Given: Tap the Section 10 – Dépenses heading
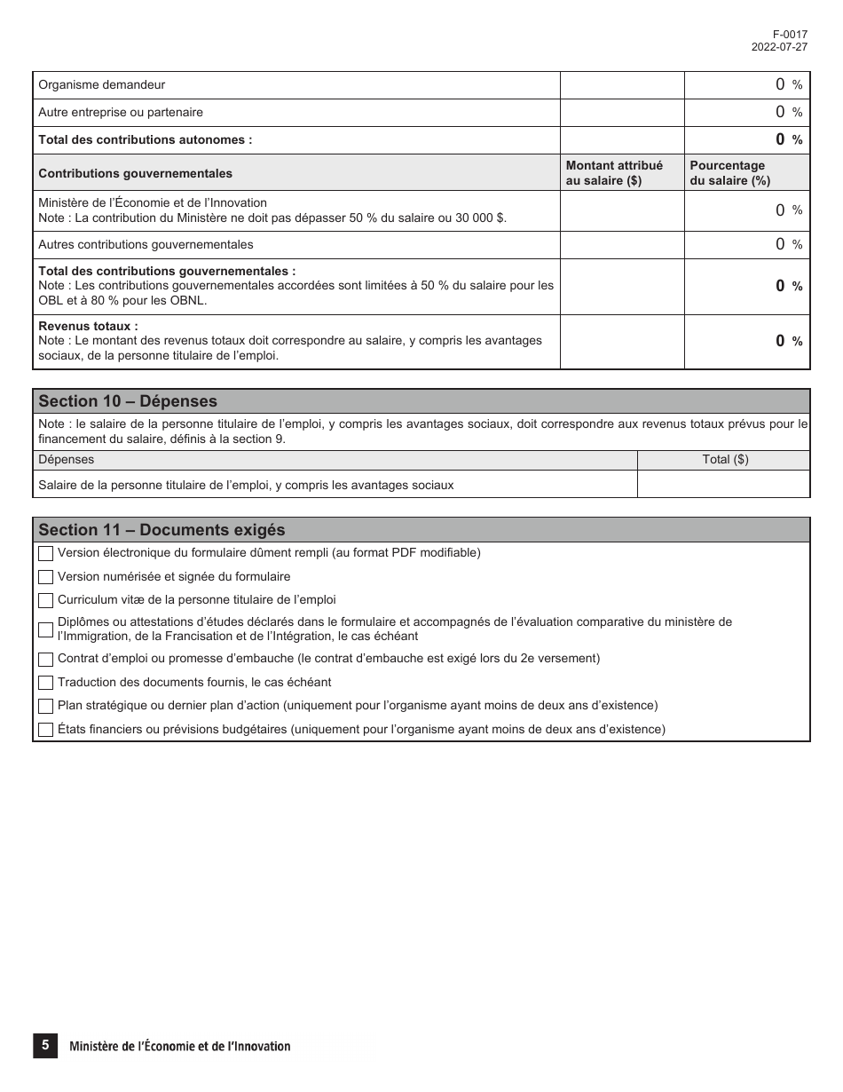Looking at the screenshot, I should (128, 401).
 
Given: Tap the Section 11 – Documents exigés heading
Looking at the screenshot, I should (162, 530).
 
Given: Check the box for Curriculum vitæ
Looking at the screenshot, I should (46, 600).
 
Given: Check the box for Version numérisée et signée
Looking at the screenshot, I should (46, 577).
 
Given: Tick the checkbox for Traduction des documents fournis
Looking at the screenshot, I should (46, 683).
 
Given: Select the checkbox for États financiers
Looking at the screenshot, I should (46, 730).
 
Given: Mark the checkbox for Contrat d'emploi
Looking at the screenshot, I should (46, 659).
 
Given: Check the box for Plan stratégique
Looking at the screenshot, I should (46, 706).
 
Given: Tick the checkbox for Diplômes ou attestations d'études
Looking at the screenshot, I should (46, 629).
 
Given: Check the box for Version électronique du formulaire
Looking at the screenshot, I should (46, 553).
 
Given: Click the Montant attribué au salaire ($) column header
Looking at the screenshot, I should (614, 173).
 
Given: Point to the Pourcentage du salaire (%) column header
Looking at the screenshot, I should (729, 173).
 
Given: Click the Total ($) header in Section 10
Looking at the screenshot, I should (725, 460).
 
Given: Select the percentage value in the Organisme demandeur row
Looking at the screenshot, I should (780, 84).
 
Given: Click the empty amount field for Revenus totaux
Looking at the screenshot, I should (622, 341).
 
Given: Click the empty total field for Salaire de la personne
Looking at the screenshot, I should (723, 485).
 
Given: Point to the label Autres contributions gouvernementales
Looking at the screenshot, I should (146, 244).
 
